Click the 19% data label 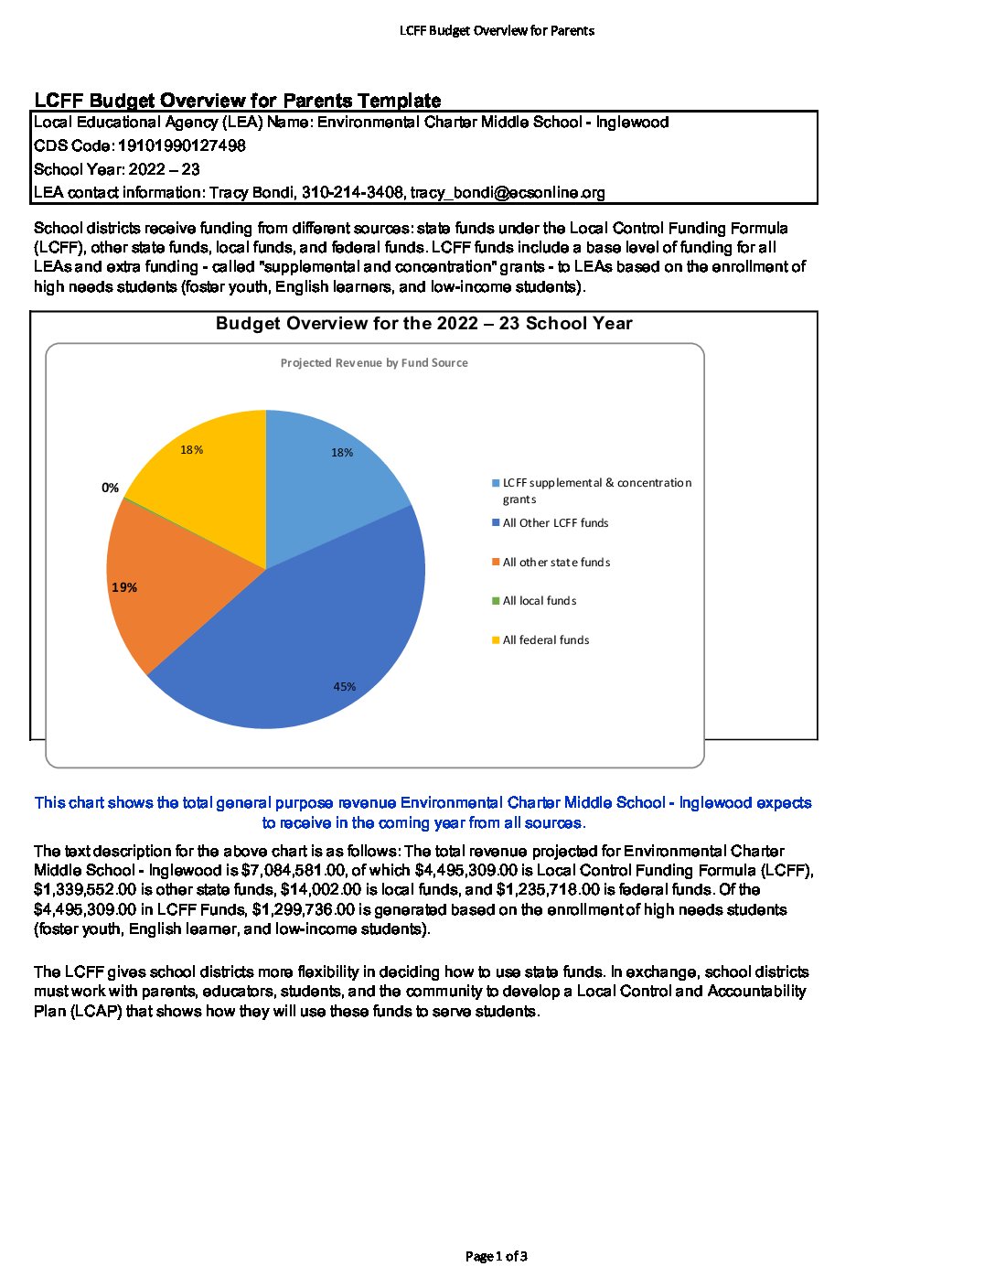124,587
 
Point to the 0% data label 110,488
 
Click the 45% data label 344,686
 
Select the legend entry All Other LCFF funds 555,523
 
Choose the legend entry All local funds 540,601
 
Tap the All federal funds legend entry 546,640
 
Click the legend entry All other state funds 556,563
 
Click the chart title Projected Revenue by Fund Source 374,363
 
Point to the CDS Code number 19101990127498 182,145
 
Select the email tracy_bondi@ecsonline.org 508,192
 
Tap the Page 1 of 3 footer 497,1256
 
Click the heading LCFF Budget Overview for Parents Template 238,101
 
